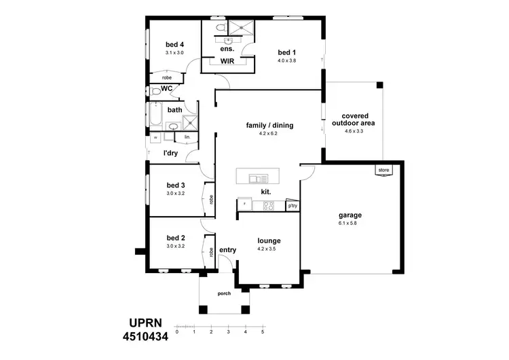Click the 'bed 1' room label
point(287,52)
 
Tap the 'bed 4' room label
point(174,45)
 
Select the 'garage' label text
point(350,215)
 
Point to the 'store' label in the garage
point(384,170)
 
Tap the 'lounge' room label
point(269,240)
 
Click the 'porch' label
point(224,294)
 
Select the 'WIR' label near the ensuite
point(227,61)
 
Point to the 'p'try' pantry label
point(293,205)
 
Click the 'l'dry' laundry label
point(170,153)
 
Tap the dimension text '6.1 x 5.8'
point(350,223)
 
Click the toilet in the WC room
point(155,90)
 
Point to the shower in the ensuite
point(240,27)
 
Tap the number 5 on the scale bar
point(263,333)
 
